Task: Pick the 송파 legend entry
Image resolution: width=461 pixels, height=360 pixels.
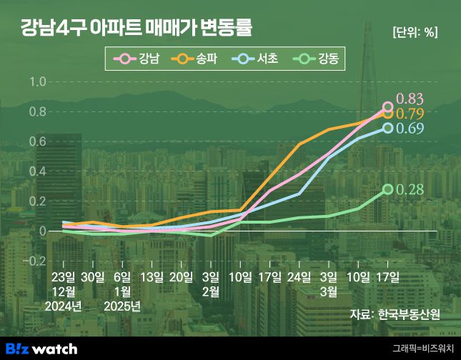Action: (196, 59)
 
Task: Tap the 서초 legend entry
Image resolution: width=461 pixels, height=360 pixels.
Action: (255, 59)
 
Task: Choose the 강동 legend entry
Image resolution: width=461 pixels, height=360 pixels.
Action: (314, 59)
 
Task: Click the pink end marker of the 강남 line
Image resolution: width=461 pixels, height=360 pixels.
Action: (388, 107)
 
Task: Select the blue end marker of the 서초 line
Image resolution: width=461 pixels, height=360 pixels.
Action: (388, 129)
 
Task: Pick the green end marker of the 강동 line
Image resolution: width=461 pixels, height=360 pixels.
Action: (388, 189)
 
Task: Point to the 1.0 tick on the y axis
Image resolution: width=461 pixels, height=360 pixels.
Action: (37, 82)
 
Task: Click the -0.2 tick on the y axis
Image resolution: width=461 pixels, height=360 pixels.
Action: (34, 261)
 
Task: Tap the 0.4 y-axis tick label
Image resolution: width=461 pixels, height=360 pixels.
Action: (37, 171)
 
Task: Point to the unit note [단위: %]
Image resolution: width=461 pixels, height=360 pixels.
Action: (415, 32)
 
